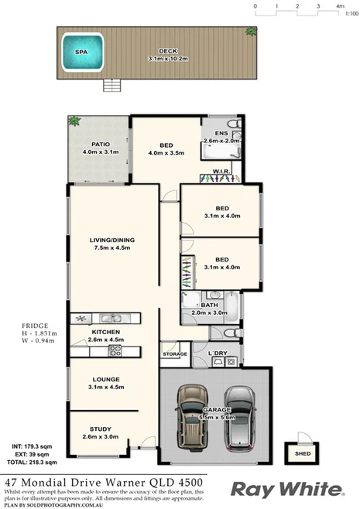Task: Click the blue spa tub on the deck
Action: (x=81, y=52)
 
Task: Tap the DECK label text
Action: (x=163, y=50)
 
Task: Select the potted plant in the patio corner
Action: (x=74, y=121)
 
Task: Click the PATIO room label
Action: (x=100, y=144)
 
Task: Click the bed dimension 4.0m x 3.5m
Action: (x=166, y=153)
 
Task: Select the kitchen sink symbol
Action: (x=112, y=318)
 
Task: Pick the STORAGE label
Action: (x=174, y=354)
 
